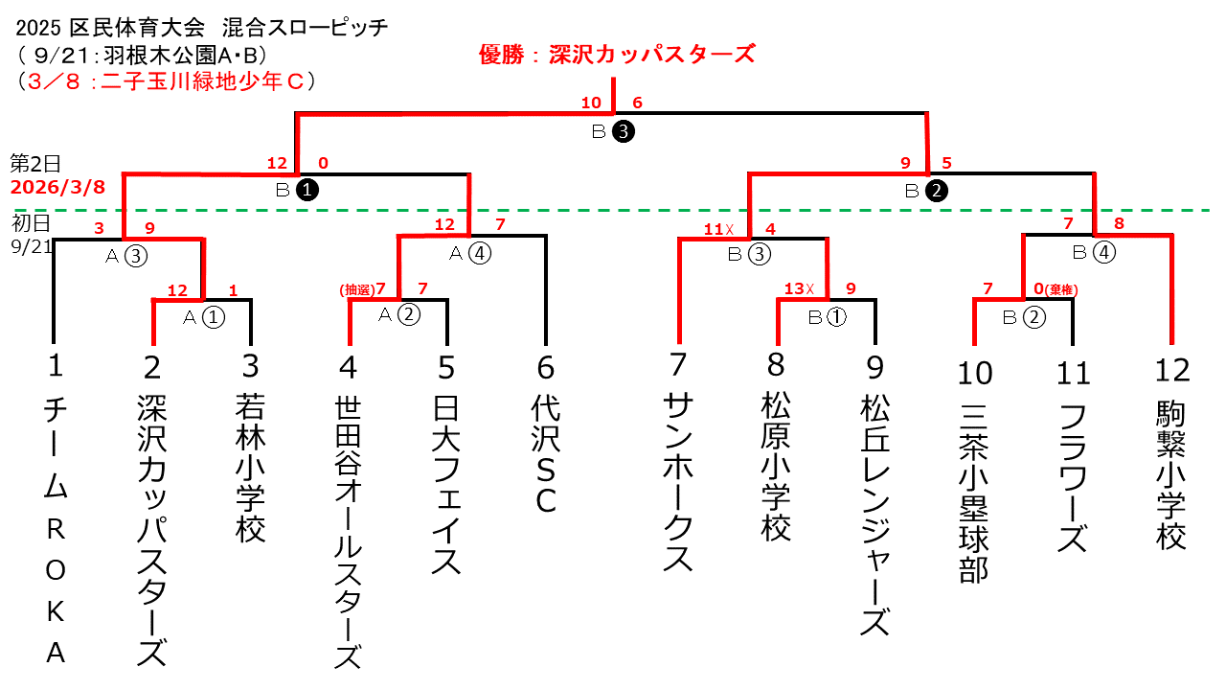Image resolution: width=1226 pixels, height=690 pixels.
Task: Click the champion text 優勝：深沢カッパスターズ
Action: tap(617, 54)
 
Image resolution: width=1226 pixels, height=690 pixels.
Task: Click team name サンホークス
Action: tap(678, 483)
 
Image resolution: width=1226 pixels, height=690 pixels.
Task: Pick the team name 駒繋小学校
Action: tap(1171, 474)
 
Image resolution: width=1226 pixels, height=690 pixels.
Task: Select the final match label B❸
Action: tap(613, 133)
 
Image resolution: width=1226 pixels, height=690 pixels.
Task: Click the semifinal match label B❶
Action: tap(297, 190)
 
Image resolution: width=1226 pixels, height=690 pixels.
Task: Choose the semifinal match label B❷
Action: tap(926, 190)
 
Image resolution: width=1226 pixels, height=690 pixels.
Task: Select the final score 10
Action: tap(591, 103)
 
